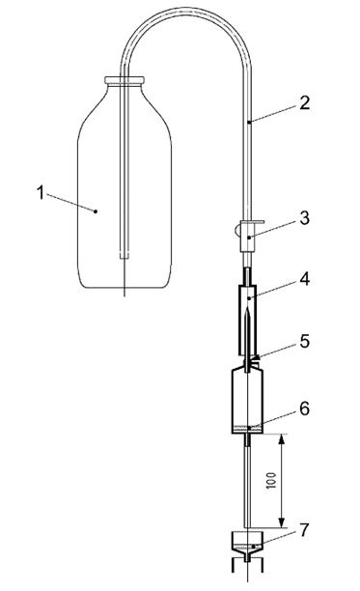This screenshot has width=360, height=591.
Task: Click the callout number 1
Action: coord(41,192)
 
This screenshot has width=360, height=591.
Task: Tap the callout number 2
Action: coord(304,103)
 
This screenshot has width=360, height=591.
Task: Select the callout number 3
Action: coord(304,218)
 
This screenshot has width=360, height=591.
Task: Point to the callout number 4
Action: coord(305,279)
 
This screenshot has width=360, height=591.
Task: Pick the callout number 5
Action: coord(305,341)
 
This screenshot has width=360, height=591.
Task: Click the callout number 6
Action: coord(305,408)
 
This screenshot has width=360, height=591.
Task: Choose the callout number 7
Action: coord(304,530)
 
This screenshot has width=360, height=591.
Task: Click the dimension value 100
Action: coord(271,481)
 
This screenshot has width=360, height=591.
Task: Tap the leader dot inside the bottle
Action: coord(96,211)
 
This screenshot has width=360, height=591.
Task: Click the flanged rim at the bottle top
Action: coord(125,80)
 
